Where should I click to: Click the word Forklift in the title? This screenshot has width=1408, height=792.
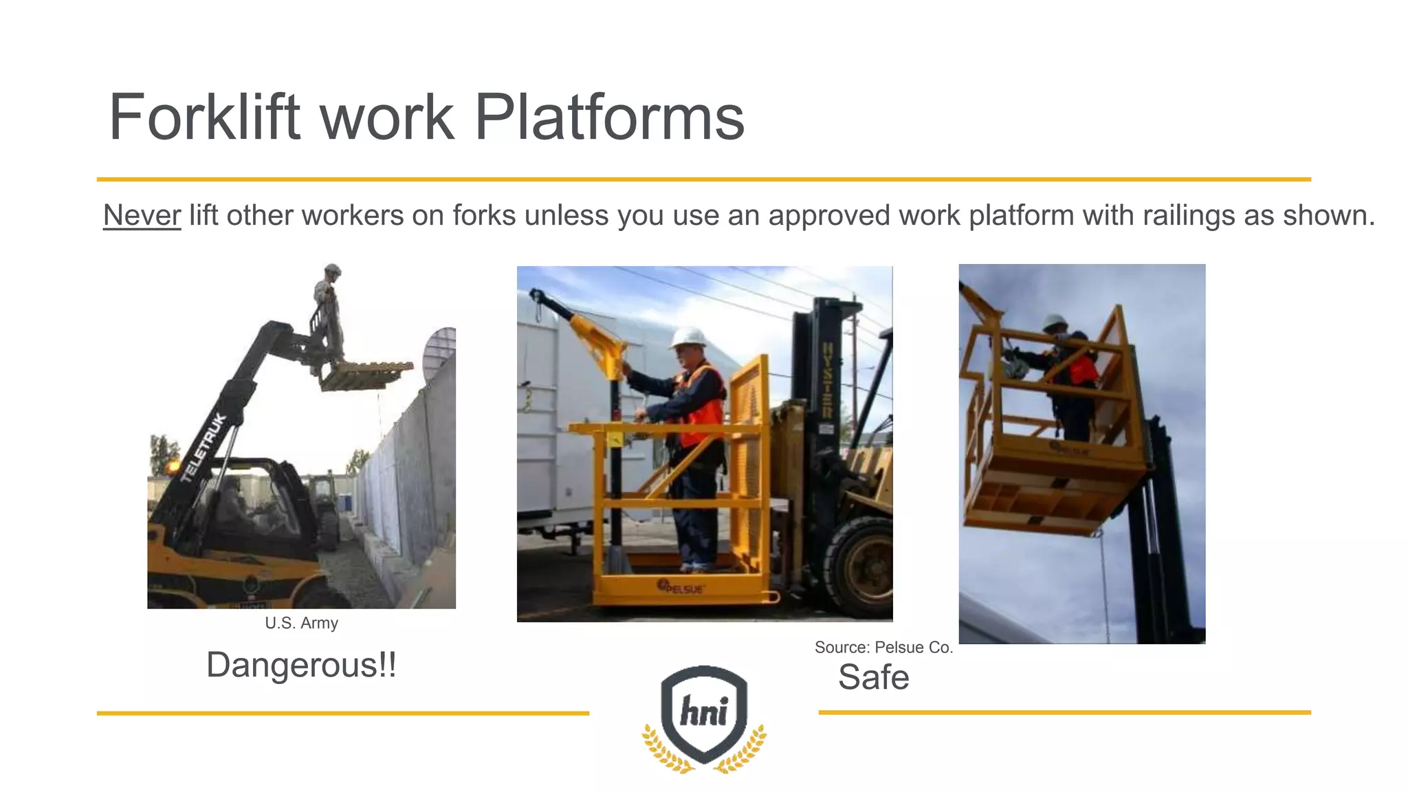(205, 118)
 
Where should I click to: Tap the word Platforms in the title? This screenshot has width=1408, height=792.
(609, 118)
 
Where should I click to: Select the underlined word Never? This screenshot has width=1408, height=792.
(142, 216)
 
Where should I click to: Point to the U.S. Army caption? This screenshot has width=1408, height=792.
(301, 623)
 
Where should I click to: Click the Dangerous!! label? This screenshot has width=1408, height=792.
(301, 665)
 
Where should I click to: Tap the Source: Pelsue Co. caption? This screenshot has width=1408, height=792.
(883, 647)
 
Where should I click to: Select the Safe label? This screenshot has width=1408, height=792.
(873, 678)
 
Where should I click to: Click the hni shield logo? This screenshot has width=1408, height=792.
(704, 715)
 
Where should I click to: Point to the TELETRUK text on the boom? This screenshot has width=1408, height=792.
(203, 448)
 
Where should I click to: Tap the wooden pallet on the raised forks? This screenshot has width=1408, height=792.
(365, 375)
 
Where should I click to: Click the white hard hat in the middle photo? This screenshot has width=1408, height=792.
(688, 337)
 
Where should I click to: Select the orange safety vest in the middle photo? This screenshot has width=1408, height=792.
(703, 406)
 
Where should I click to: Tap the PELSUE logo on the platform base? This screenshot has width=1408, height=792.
(681, 588)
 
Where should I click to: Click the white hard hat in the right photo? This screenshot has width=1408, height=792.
(1053, 322)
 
